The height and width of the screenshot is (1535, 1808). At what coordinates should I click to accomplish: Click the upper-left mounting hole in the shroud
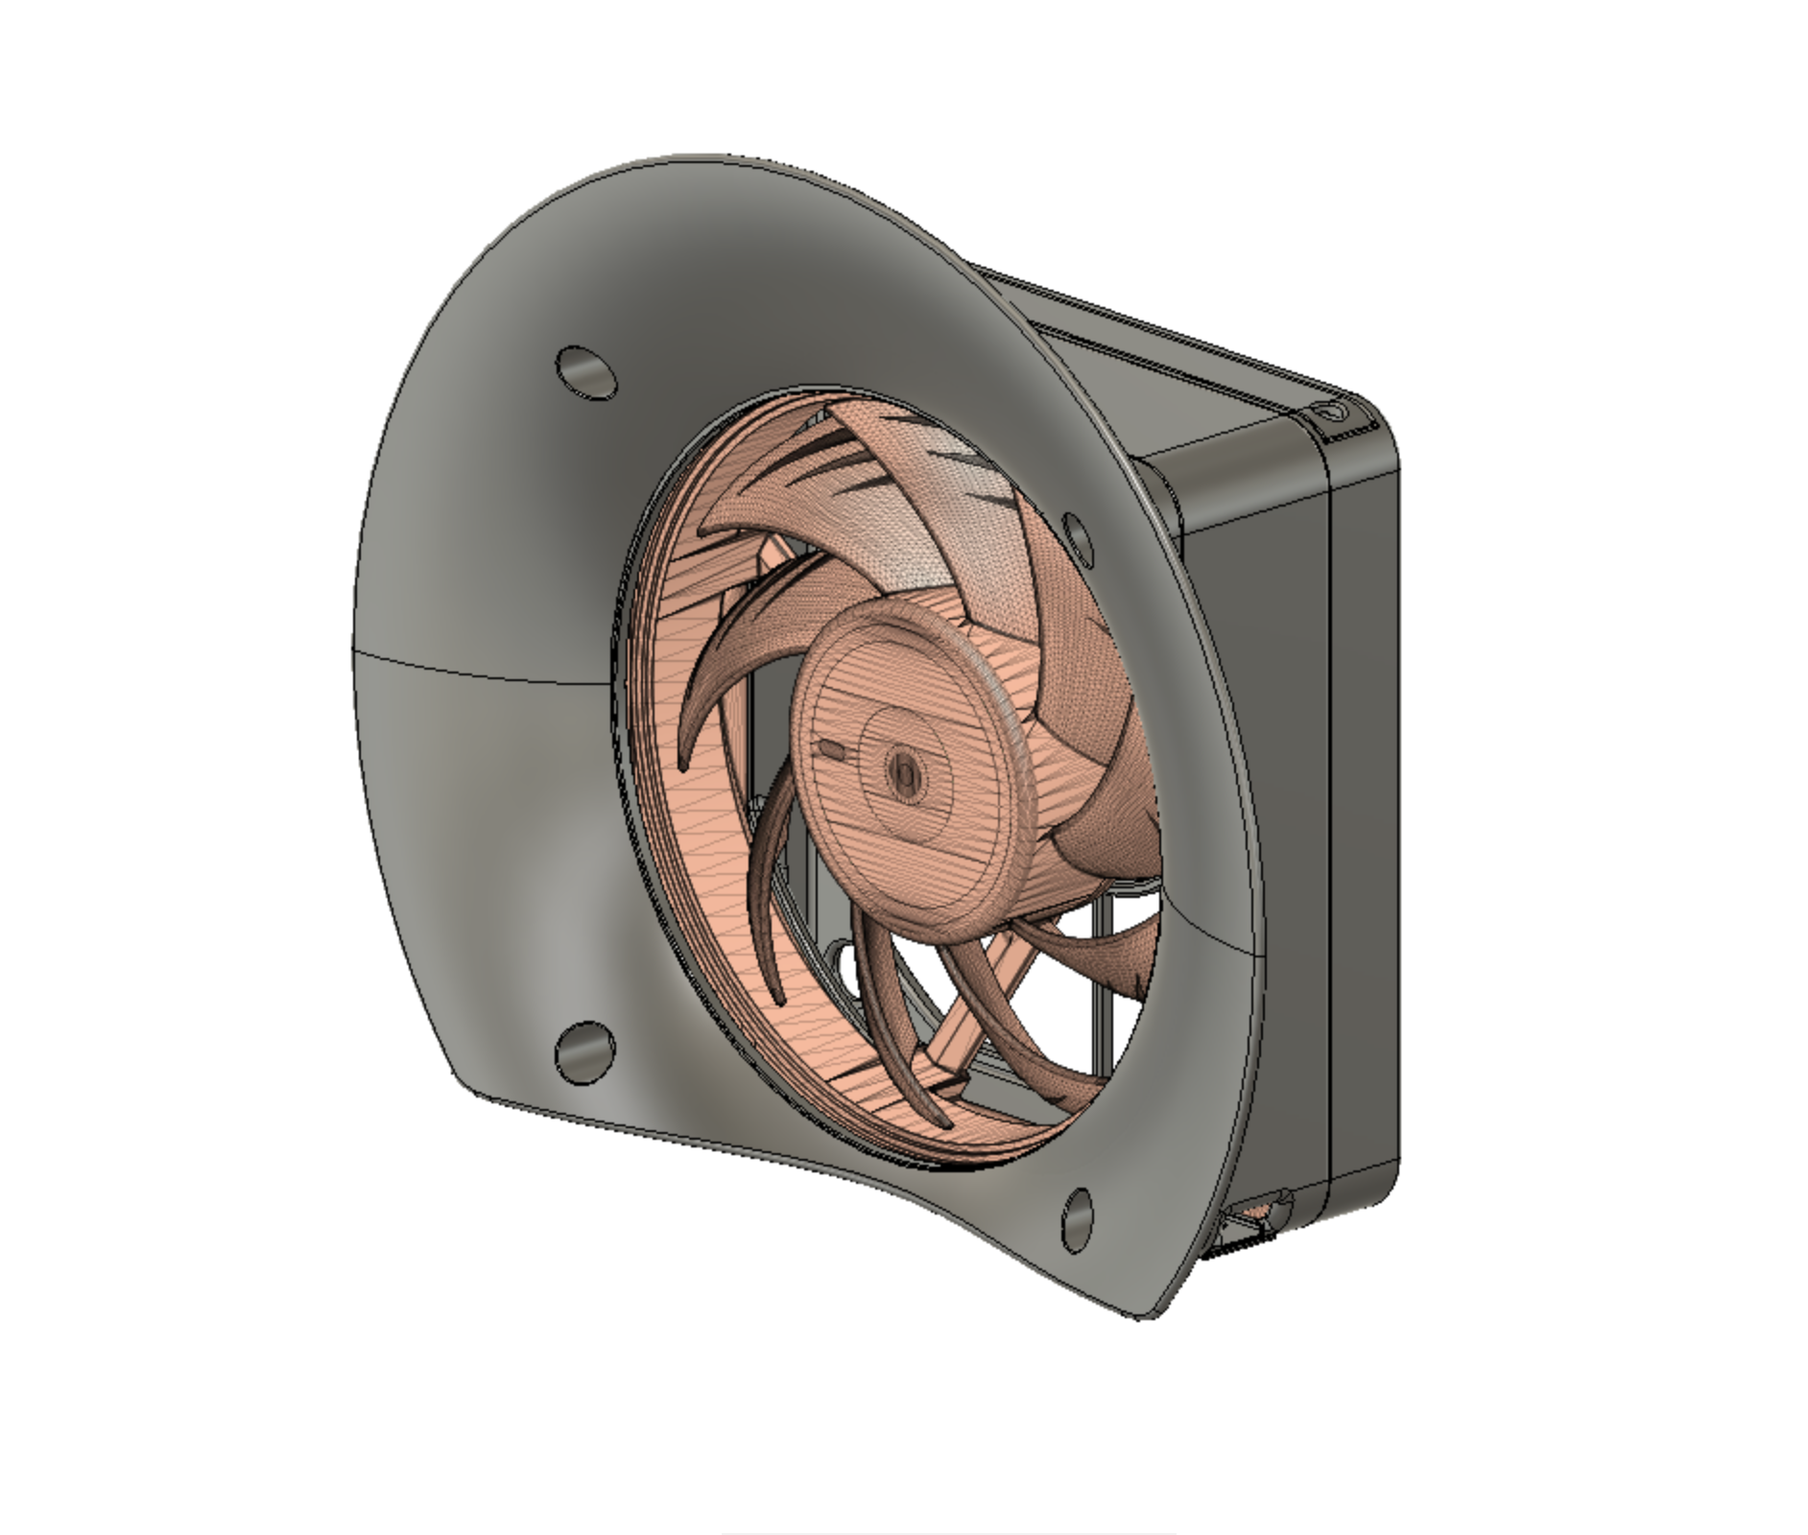tap(585, 372)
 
